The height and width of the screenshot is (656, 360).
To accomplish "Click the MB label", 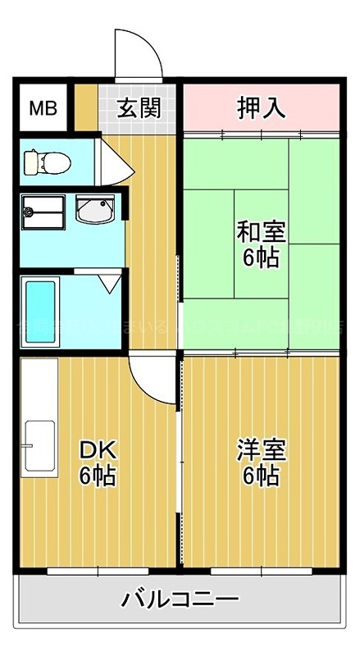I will [x=43, y=107].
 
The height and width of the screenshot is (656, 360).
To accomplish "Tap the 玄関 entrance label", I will [x=137, y=107].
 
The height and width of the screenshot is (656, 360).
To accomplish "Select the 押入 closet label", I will [x=261, y=107].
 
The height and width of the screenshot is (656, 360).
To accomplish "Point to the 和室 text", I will [x=260, y=231].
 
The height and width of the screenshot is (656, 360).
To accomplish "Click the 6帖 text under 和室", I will [x=260, y=257].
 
